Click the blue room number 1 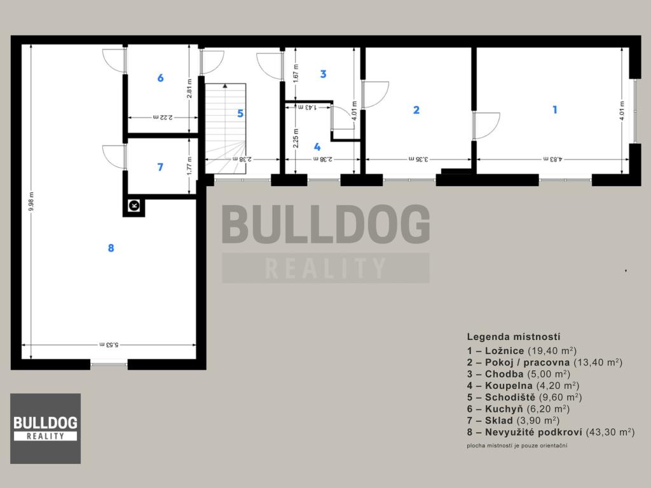tap(554, 109)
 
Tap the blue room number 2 tap(416, 110)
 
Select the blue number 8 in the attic tap(111, 248)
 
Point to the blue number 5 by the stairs tap(240, 113)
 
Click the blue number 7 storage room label tap(160, 167)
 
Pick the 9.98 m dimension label tap(31, 201)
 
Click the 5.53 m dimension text tap(109, 344)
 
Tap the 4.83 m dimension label tap(552, 159)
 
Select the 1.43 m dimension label tap(307, 107)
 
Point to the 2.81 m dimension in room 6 tap(189, 88)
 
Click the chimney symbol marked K tap(134, 205)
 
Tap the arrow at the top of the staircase tap(224, 86)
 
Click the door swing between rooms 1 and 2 tap(486, 125)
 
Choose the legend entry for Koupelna tap(523, 386)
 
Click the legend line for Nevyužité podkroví tap(551, 432)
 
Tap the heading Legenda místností tap(514, 337)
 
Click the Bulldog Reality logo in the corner tap(46, 428)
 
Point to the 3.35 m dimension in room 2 tap(418, 159)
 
